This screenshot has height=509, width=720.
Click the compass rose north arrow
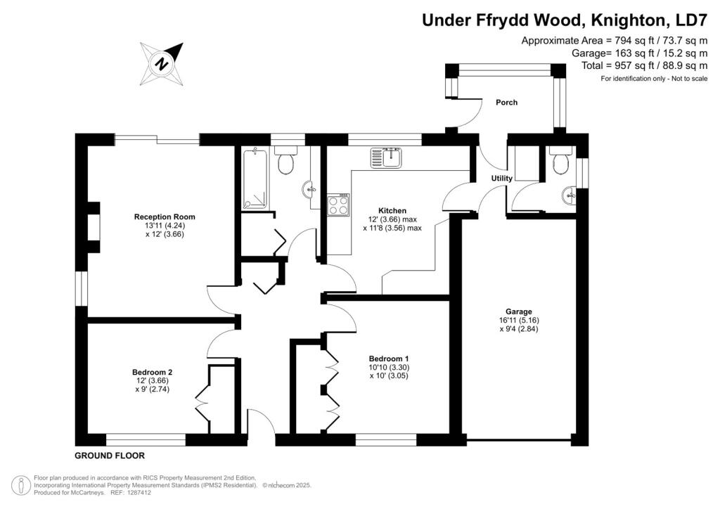(162, 63)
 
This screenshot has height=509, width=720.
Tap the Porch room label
(506, 103)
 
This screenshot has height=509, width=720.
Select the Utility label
(501, 178)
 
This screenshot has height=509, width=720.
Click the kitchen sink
(386, 157)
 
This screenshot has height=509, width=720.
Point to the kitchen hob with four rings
(338, 205)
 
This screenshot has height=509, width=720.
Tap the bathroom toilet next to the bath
(285, 160)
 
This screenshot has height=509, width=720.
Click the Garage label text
(519, 311)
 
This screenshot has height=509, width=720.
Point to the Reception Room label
(165, 217)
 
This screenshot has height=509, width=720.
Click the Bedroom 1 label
(389, 359)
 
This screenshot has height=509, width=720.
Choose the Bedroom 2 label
(152, 372)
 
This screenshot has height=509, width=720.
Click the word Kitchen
(392, 211)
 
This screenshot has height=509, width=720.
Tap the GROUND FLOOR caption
(110, 456)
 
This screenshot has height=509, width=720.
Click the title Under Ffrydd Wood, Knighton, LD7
(565, 20)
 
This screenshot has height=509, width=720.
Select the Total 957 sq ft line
(644, 65)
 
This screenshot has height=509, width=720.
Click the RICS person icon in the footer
(20, 486)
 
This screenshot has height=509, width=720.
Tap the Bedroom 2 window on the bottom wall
(146, 440)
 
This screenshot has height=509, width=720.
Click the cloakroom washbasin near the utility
(568, 196)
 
